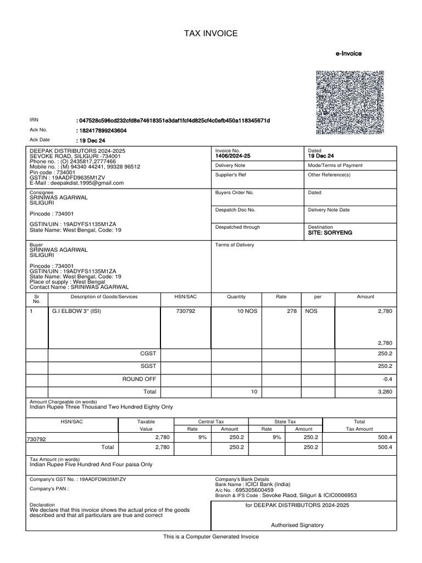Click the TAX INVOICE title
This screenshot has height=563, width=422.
pos(211,34)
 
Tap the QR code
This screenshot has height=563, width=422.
pos(349,103)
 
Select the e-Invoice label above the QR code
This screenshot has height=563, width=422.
pos(348,54)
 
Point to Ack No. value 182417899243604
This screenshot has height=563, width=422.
pos(103,130)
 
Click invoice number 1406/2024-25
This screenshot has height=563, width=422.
pos(232,156)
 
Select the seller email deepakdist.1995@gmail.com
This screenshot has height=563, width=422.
pos(80,183)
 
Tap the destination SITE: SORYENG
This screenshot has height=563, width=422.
pos(330,233)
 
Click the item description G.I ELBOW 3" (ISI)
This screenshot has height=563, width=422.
pos(77,311)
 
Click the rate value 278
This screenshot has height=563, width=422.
pos(291,311)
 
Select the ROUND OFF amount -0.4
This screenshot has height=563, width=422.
pos(387,379)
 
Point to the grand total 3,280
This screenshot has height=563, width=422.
pos(385,392)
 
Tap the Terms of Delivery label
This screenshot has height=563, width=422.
pos(235,245)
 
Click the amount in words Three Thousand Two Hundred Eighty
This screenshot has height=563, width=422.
pos(101,407)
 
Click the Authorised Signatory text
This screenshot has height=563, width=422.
pos(297,525)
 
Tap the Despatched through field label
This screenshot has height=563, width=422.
pos(237,227)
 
